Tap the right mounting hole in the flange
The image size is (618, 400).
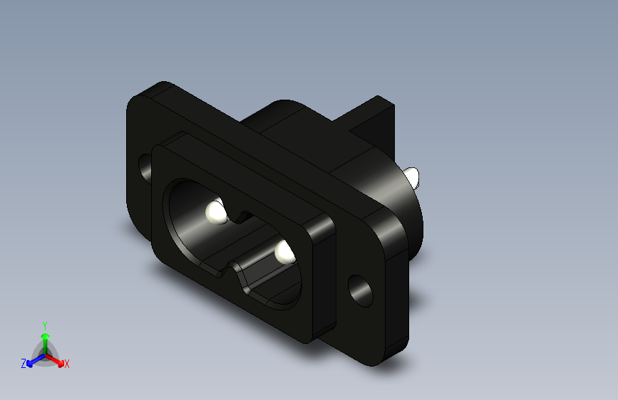click(x=360, y=291)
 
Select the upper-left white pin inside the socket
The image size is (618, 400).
click(x=216, y=213)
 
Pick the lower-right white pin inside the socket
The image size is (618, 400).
click(x=284, y=253)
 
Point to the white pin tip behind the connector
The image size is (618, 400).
click(x=411, y=177)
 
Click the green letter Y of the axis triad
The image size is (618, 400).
click(x=45, y=326)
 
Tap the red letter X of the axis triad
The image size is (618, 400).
click(x=66, y=364)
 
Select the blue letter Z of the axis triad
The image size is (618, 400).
click(x=24, y=364)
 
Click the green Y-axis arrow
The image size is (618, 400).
click(x=46, y=344)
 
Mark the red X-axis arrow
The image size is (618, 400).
click(x=55, y=360)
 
